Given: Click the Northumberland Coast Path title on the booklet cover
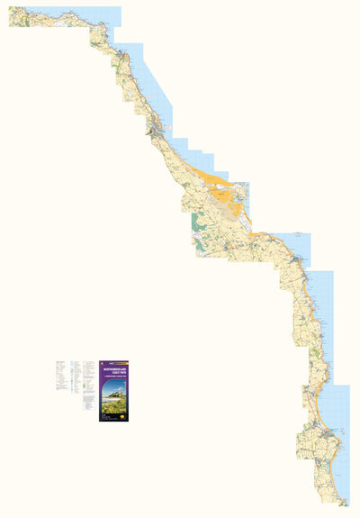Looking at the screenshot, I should [116, 369].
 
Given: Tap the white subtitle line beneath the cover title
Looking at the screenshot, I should [116, 376].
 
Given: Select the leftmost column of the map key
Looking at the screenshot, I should [60, 378].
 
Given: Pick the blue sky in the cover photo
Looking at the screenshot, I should [116, 383].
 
